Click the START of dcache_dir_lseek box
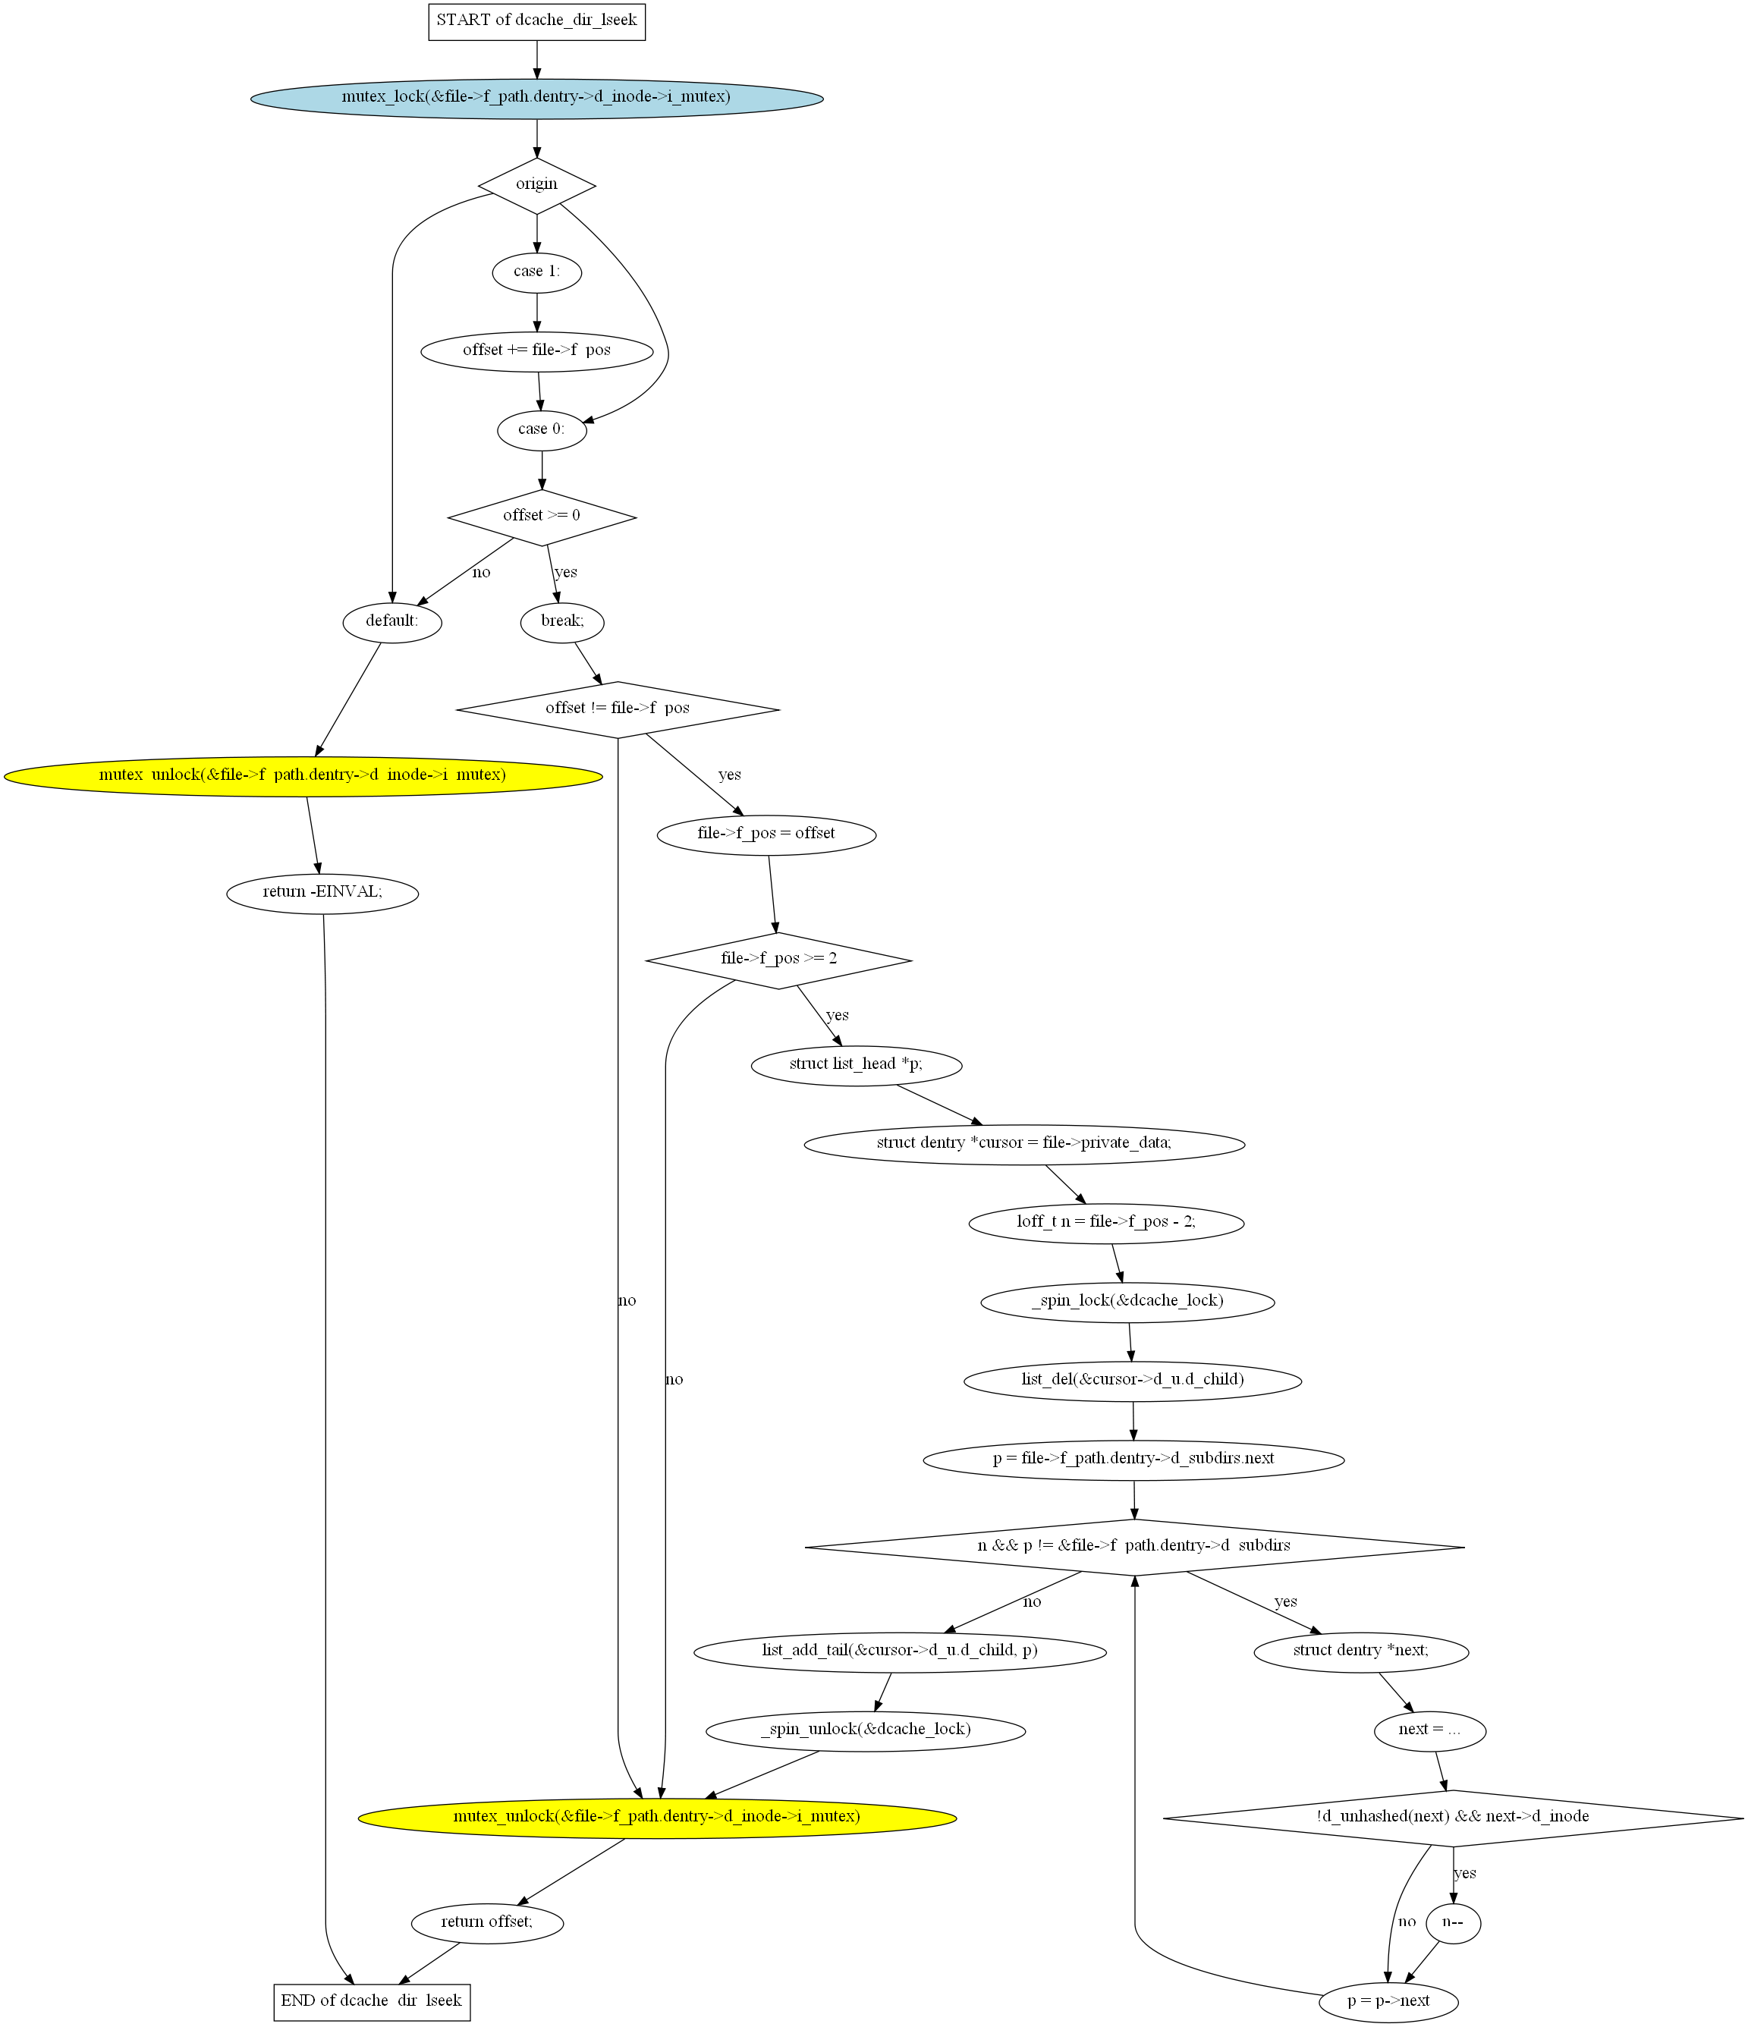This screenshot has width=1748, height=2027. point(536,20)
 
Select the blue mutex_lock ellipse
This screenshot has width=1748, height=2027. point(536,98)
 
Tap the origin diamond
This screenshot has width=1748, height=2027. point(536,185)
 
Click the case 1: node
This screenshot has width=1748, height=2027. point(536,272)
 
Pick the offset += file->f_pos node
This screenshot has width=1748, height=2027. point(536,350)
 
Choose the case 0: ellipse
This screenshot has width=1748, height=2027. point(542,429)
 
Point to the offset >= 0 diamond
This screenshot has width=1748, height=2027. point(542,517)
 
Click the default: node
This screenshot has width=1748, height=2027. point(392,621)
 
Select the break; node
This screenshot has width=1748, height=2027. point(561,621)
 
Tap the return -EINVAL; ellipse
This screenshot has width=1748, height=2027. point(322,892)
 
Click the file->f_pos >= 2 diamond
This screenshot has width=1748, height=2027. point(778,959)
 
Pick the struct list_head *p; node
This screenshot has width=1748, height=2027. point(856,1064)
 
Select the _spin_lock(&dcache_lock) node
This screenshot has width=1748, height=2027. point(1127,1301)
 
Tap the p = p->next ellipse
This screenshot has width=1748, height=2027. point(1388,2000)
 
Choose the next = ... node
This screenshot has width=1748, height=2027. point(1429,1729)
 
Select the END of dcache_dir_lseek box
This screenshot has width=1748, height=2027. point(372,2000)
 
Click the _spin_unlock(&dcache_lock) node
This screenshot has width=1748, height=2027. point(866,1729)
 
